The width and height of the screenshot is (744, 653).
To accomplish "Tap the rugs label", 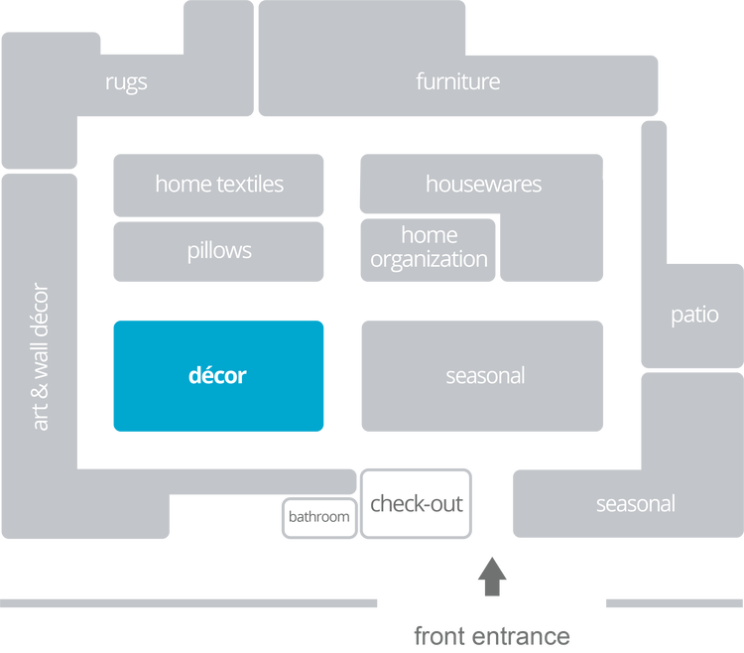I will (x=126, y=82).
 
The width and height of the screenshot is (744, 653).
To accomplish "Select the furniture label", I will (x=458, y=82).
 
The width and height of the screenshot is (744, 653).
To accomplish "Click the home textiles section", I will (x=218, y=184).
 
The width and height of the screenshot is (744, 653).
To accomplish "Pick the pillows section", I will (x=218, y=250).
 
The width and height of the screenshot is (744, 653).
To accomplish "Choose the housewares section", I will (x=482, y=184).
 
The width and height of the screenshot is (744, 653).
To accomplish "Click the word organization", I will (x=431, y=260).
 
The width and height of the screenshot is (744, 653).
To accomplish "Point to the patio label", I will (x=694, y=316).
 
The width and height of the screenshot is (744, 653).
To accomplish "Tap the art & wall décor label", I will (x=41, y=357).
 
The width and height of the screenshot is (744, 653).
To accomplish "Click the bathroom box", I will (x=318, y=517).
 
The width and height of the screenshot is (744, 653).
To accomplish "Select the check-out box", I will (x=417, y=503).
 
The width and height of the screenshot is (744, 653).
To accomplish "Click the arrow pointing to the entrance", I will (x=492, y=578).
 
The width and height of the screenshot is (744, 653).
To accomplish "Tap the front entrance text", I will (x=492, y=634).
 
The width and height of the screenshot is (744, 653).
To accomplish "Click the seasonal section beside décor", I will (x=484, y=376).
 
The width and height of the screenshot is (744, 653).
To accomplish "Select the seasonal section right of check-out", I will (x=635, y=504).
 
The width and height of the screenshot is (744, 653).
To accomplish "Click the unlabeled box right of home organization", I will (x=552, y=250).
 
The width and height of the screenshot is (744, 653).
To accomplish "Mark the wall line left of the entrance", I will (x=188, y=603).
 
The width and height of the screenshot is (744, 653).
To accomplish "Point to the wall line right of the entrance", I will (x=673, y=603).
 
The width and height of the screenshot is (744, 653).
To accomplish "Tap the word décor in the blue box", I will (x=217, y=376).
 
